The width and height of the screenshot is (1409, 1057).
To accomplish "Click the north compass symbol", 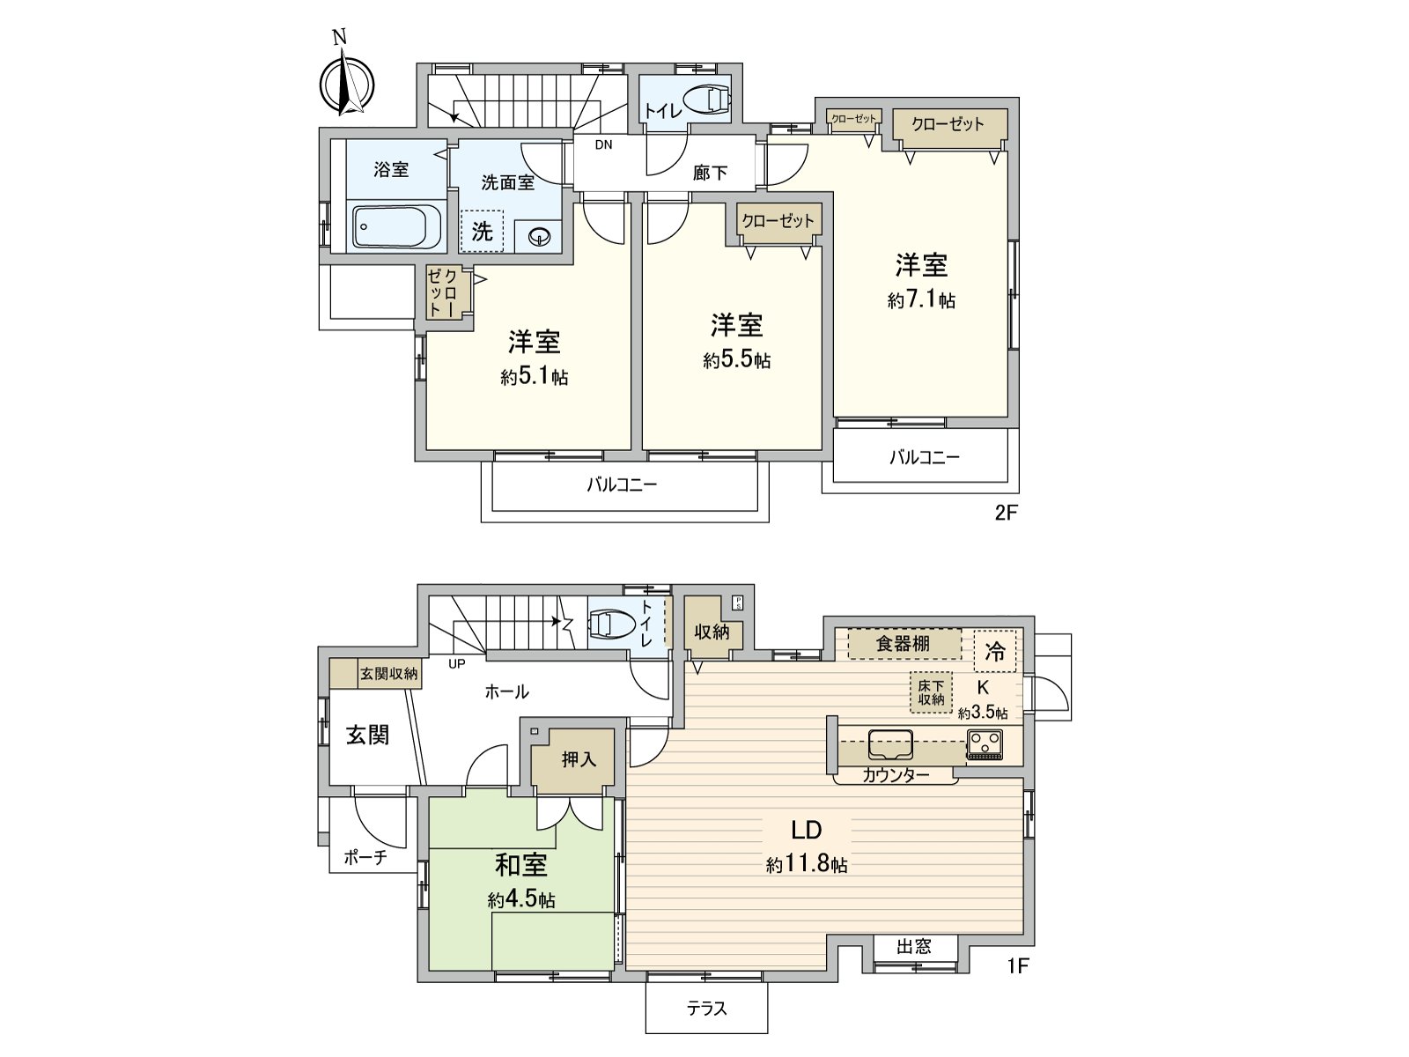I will point(346,85).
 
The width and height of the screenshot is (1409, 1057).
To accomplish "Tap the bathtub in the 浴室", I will point(396,226).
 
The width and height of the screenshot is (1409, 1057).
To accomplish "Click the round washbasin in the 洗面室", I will point(539,235).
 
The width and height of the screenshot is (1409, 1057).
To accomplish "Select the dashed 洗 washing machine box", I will point(483,232).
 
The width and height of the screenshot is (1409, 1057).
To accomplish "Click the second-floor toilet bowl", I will point(707,100).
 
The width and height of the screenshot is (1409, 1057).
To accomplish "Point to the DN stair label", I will point(603,145).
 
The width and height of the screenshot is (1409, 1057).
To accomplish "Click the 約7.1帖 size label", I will point(921,300).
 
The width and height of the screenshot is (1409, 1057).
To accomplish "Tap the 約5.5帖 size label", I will point(737,360).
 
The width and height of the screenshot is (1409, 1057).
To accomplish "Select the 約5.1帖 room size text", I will point(535,377).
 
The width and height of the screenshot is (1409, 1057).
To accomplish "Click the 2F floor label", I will point(1006,513).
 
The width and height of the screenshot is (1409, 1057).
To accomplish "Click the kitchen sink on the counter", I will point(890,744).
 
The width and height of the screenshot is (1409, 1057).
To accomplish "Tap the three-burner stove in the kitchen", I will point(985,745).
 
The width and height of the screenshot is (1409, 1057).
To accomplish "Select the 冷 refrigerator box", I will point(995,652).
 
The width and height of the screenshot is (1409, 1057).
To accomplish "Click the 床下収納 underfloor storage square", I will point(931,692).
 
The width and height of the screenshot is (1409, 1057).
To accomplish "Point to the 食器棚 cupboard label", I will point(903,644).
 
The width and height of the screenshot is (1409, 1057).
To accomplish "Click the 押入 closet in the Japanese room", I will point(579,758).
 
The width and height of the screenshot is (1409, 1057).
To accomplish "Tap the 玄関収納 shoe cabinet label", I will point(389,675).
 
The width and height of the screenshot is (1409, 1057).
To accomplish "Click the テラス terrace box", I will point(706,1009).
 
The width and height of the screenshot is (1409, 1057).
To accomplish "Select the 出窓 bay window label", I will point(914,947).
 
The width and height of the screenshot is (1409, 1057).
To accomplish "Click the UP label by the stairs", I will point(456,664).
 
